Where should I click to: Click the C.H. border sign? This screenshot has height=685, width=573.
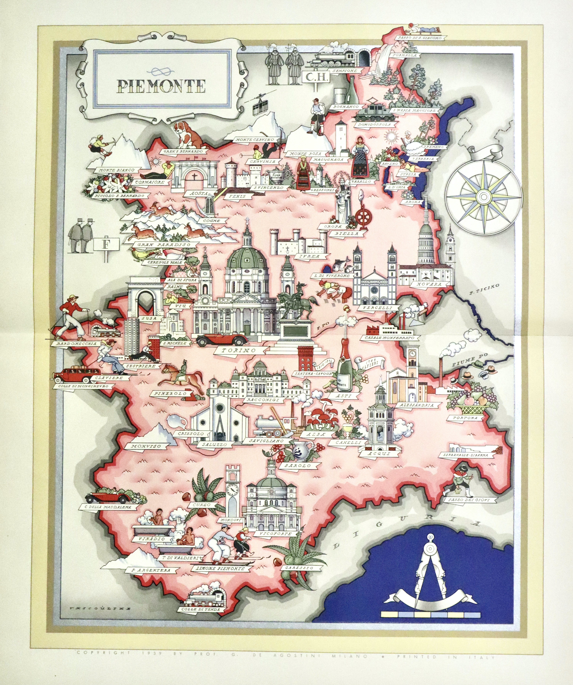315,77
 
